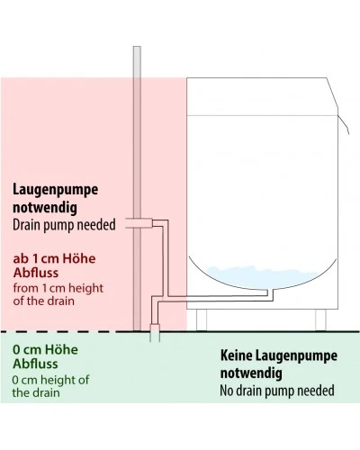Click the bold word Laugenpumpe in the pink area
[x=55, y=190]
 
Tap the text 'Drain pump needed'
[x=64, y=225]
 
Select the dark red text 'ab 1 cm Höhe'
[x=54, y=258]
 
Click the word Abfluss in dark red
[x=36, y=273]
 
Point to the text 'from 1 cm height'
[x=58, y=288]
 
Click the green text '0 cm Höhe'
[x=45, y=350]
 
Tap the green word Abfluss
[x=35, y=364]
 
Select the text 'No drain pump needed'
[x=277, y=391]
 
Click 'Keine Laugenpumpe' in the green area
[x=279, y=355]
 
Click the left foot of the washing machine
[x=202, y=319]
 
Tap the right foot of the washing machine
[x=320, y=319]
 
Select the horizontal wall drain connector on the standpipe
[x=139, y=223]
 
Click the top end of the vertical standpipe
[x=137, y=47]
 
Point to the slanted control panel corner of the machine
[x=332, y=96]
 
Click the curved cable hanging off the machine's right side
[x=344, y=123]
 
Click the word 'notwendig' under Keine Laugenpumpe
[x=251, y=373]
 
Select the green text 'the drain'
[x=36, y=392]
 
